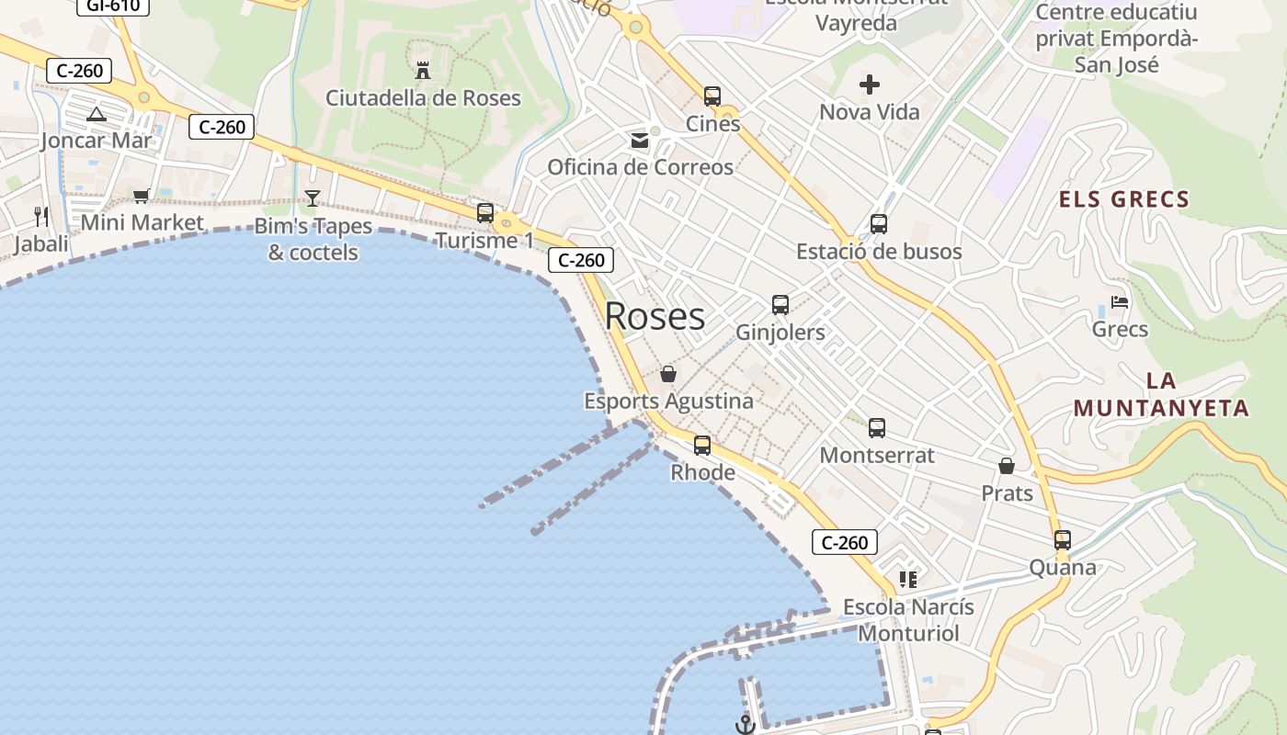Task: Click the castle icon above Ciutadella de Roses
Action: pyautogui.click(x=423, y=71)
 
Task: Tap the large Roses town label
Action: pyautogui.click(x=655, y=316)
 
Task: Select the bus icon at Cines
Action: pyautogui.click(x=712, y=96)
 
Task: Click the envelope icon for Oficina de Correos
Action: pyautogui.click(x=639, y=141)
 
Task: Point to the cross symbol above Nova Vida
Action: pyautogui.click(x=870, y=85)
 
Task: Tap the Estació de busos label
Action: pyautogui.click(x=879, y=252)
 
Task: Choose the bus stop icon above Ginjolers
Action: pyautogui.click(x=780, y=305)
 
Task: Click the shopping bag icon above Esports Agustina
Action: pyautogui.click(x=668, y=375)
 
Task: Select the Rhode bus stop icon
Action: pyautogui.click(x=702, y=446)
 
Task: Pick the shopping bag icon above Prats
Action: pyautogui.click(x=1007, y=467)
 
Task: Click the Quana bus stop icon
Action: pyautogui.click(x=1063, y=540)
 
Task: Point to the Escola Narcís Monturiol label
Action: pyautogui.click(x=908, y=620)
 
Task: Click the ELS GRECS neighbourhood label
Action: pyautogui.click(x=1124, y=199)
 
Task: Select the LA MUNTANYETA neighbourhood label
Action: pyautogui.click(x=1161, y=395)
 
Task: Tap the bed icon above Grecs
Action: pyautogui.click(x=1120, y=302)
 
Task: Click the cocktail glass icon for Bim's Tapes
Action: pyautogui.click(x=313, y=198)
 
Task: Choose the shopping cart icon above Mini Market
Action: pyautogui.click(x=142, y=196)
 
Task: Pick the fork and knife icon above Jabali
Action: pyautogui.click(x=40, y=217)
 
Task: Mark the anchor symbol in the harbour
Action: pyautogui.click(x=746, y=725)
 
